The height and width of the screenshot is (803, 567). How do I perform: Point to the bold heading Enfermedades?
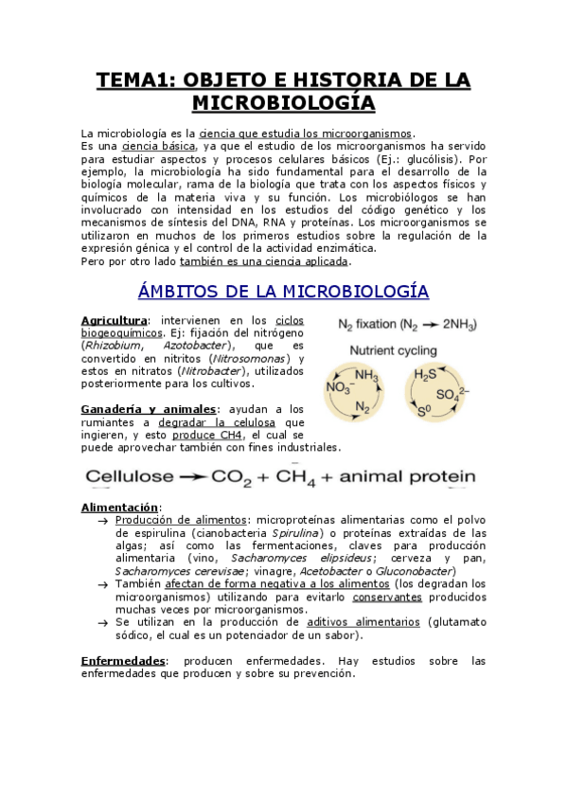tap(123, 660)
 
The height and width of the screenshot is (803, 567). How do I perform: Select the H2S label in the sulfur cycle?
tap(426, 373)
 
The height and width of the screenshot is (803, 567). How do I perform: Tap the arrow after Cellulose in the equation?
tap(199, 475)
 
